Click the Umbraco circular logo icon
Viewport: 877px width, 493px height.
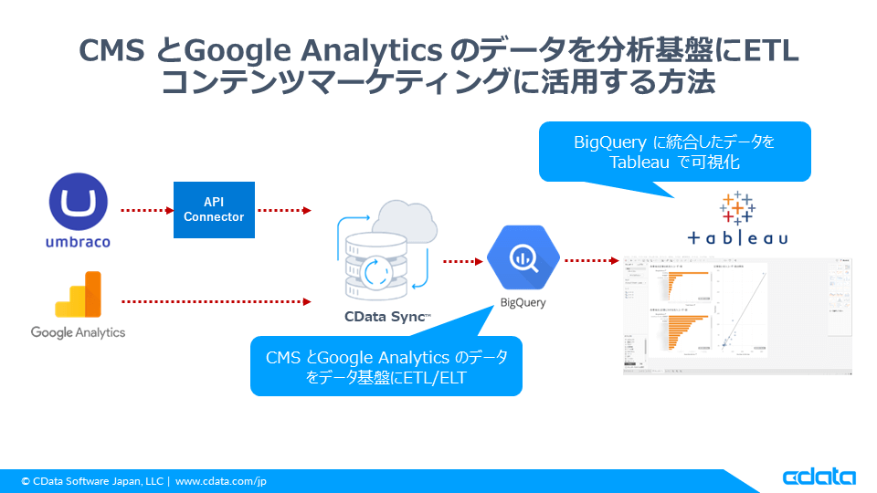pos(78,202)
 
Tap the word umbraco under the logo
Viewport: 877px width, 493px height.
pos(78,243)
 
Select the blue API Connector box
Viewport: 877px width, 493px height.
pos(214,210)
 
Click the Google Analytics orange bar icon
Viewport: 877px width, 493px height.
pos(78,294)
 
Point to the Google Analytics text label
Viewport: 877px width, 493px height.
pos(78,332)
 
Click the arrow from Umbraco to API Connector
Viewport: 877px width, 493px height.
pos(146,210)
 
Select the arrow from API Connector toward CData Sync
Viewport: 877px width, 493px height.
pos(284,210)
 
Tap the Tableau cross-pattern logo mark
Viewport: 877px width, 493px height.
pos(737,207)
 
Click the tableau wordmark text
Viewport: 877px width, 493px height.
pos(737,238)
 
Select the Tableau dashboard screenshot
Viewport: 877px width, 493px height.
pos(737,315)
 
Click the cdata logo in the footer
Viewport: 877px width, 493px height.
pos(819,477)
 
